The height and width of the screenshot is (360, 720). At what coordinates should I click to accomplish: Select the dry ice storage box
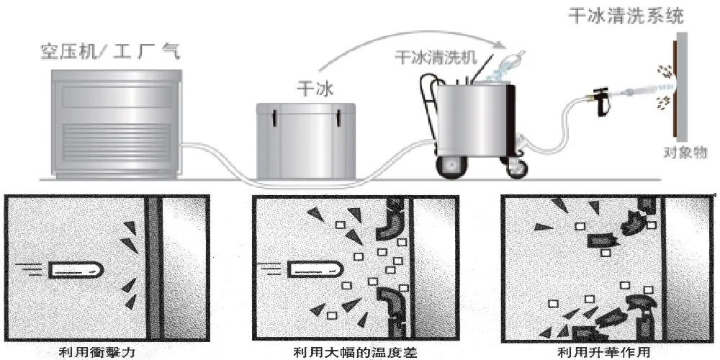(x=307, y=140)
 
